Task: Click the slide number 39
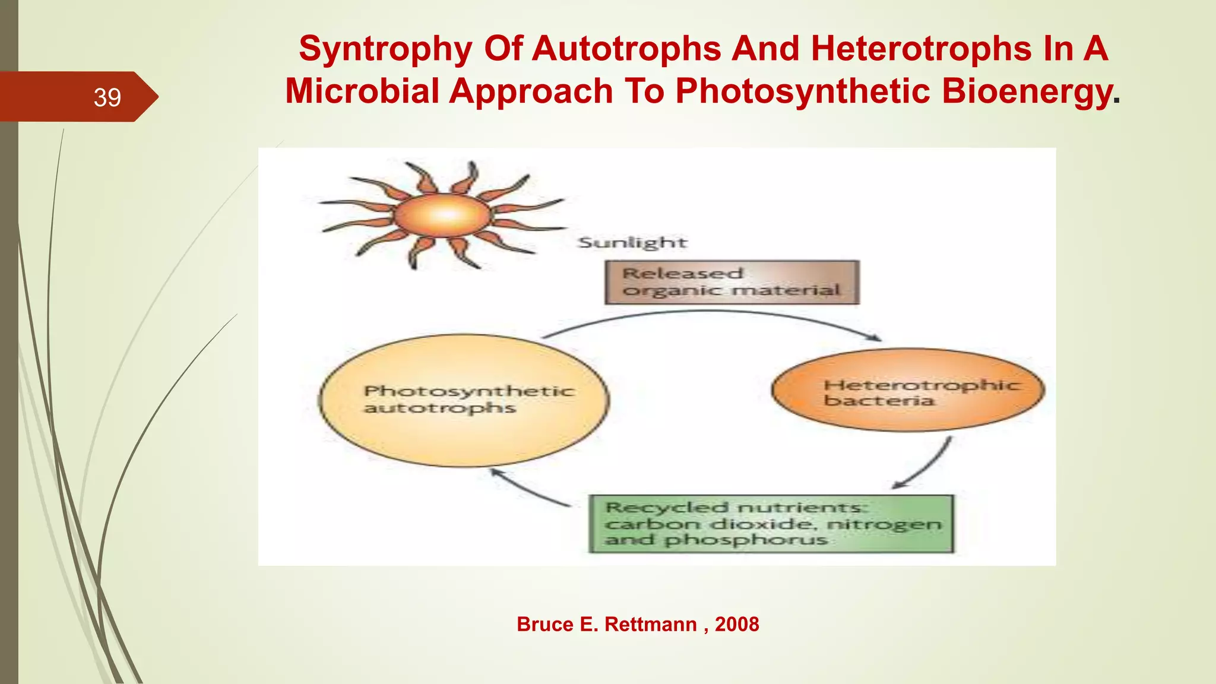(107, 97)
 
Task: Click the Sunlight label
(632, 243)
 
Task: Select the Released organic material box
(731, 282)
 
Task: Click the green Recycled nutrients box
(771, 524)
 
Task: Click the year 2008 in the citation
(737, 625)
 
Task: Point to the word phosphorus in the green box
(746, 540)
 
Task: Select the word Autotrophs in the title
(626, 49)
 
